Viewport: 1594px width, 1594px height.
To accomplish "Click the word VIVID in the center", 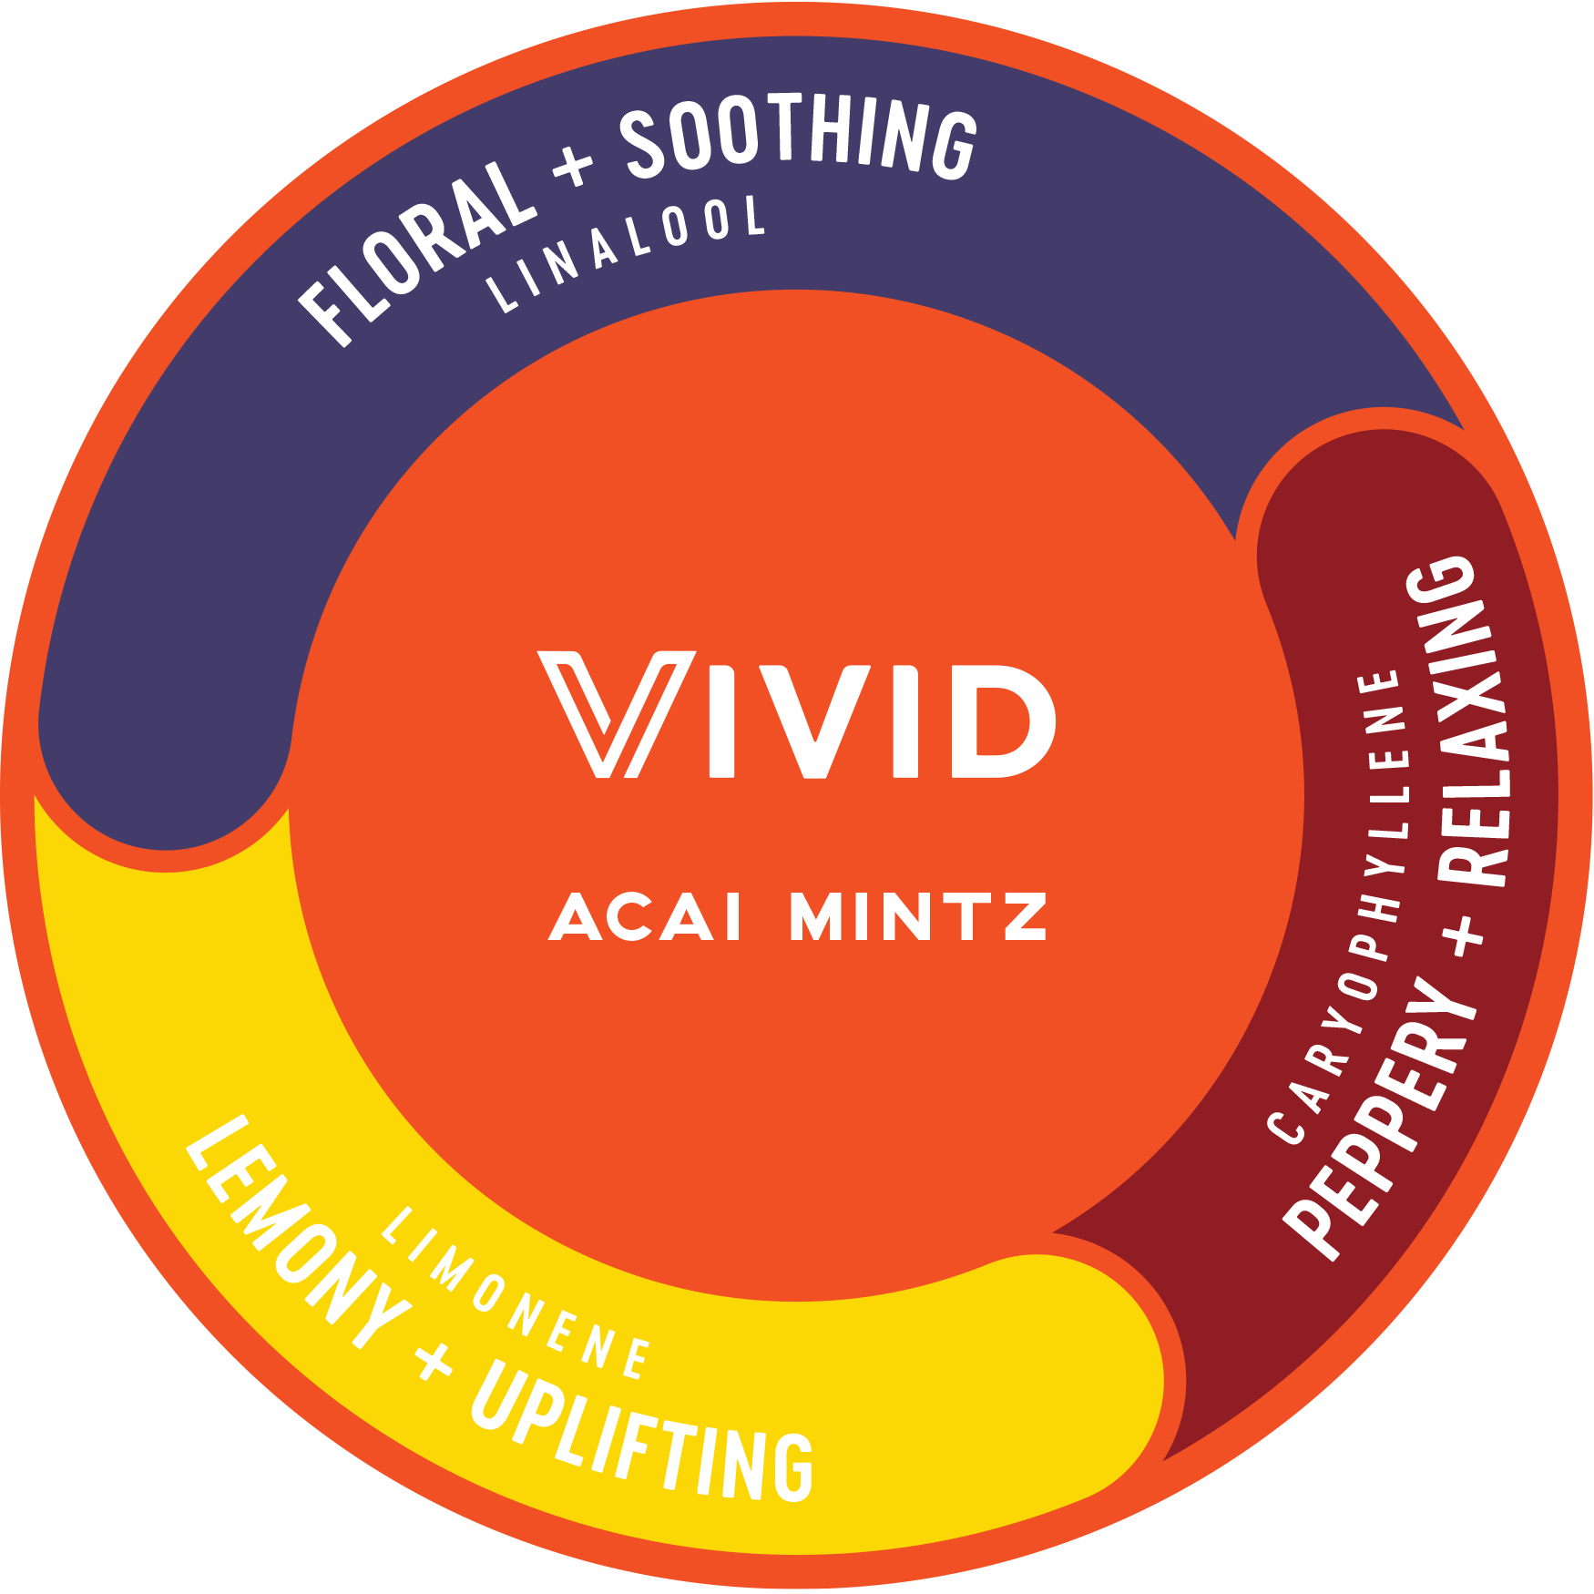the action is [x=797, y=715].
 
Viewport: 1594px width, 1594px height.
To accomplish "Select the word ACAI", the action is [x=646, y=916].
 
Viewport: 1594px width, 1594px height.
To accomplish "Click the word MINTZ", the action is [x=918, y=916].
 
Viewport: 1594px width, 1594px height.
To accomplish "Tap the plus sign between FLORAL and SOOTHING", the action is [x=573, y=167].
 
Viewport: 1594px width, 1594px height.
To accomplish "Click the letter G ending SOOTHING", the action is [x=954, y=144].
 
